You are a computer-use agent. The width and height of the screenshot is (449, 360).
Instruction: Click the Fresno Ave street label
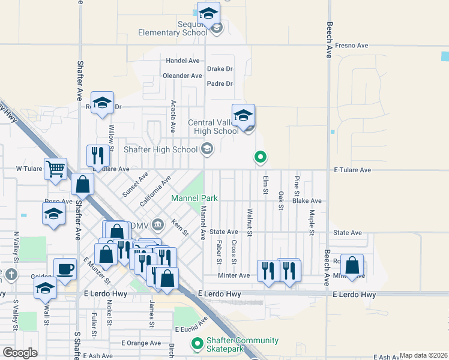pyautogui.click(x=351, y=46)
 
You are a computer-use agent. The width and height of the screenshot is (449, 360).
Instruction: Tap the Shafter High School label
pyautogui.click(x=160, y=149)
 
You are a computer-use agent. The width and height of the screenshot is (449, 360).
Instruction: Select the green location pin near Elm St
pyautogui.click(x=261, y=157)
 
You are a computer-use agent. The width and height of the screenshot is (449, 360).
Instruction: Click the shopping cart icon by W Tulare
pyautogui.click(x=55, y=169)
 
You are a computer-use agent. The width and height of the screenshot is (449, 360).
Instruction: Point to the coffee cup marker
pyautogui.click(x=65, y=269)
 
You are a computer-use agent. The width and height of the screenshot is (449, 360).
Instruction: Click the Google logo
pyautogui.click(x=20, y=352)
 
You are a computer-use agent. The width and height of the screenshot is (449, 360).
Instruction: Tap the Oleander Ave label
pyautogui.click(x=182, y=76)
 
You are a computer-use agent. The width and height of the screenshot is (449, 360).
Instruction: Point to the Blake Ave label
pyautogui.click(x=307, y=201)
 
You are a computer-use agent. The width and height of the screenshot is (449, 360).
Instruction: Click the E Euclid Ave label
pyautogui.click(x=194, y=329)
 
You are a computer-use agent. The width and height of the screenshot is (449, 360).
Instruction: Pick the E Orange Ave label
pyautogui.click(x=141, y=343)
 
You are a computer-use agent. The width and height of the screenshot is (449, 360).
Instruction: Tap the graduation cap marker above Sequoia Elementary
pyautogui.click(x=208, y=13)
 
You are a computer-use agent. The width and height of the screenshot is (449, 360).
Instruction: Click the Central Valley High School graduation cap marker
pyautogui.click(x=244, y=115)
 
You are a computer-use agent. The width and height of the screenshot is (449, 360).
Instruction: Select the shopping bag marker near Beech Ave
pyautogui.click(x=354, y=264)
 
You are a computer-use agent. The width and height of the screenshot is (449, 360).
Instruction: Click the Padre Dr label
pyautogui.click(x=219, y=83)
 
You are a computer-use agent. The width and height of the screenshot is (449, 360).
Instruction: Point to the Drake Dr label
pyautogui.click(x=220, y=69)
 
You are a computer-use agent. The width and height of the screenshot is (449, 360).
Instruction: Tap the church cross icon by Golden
pyautogui.click(x=12, y=275)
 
